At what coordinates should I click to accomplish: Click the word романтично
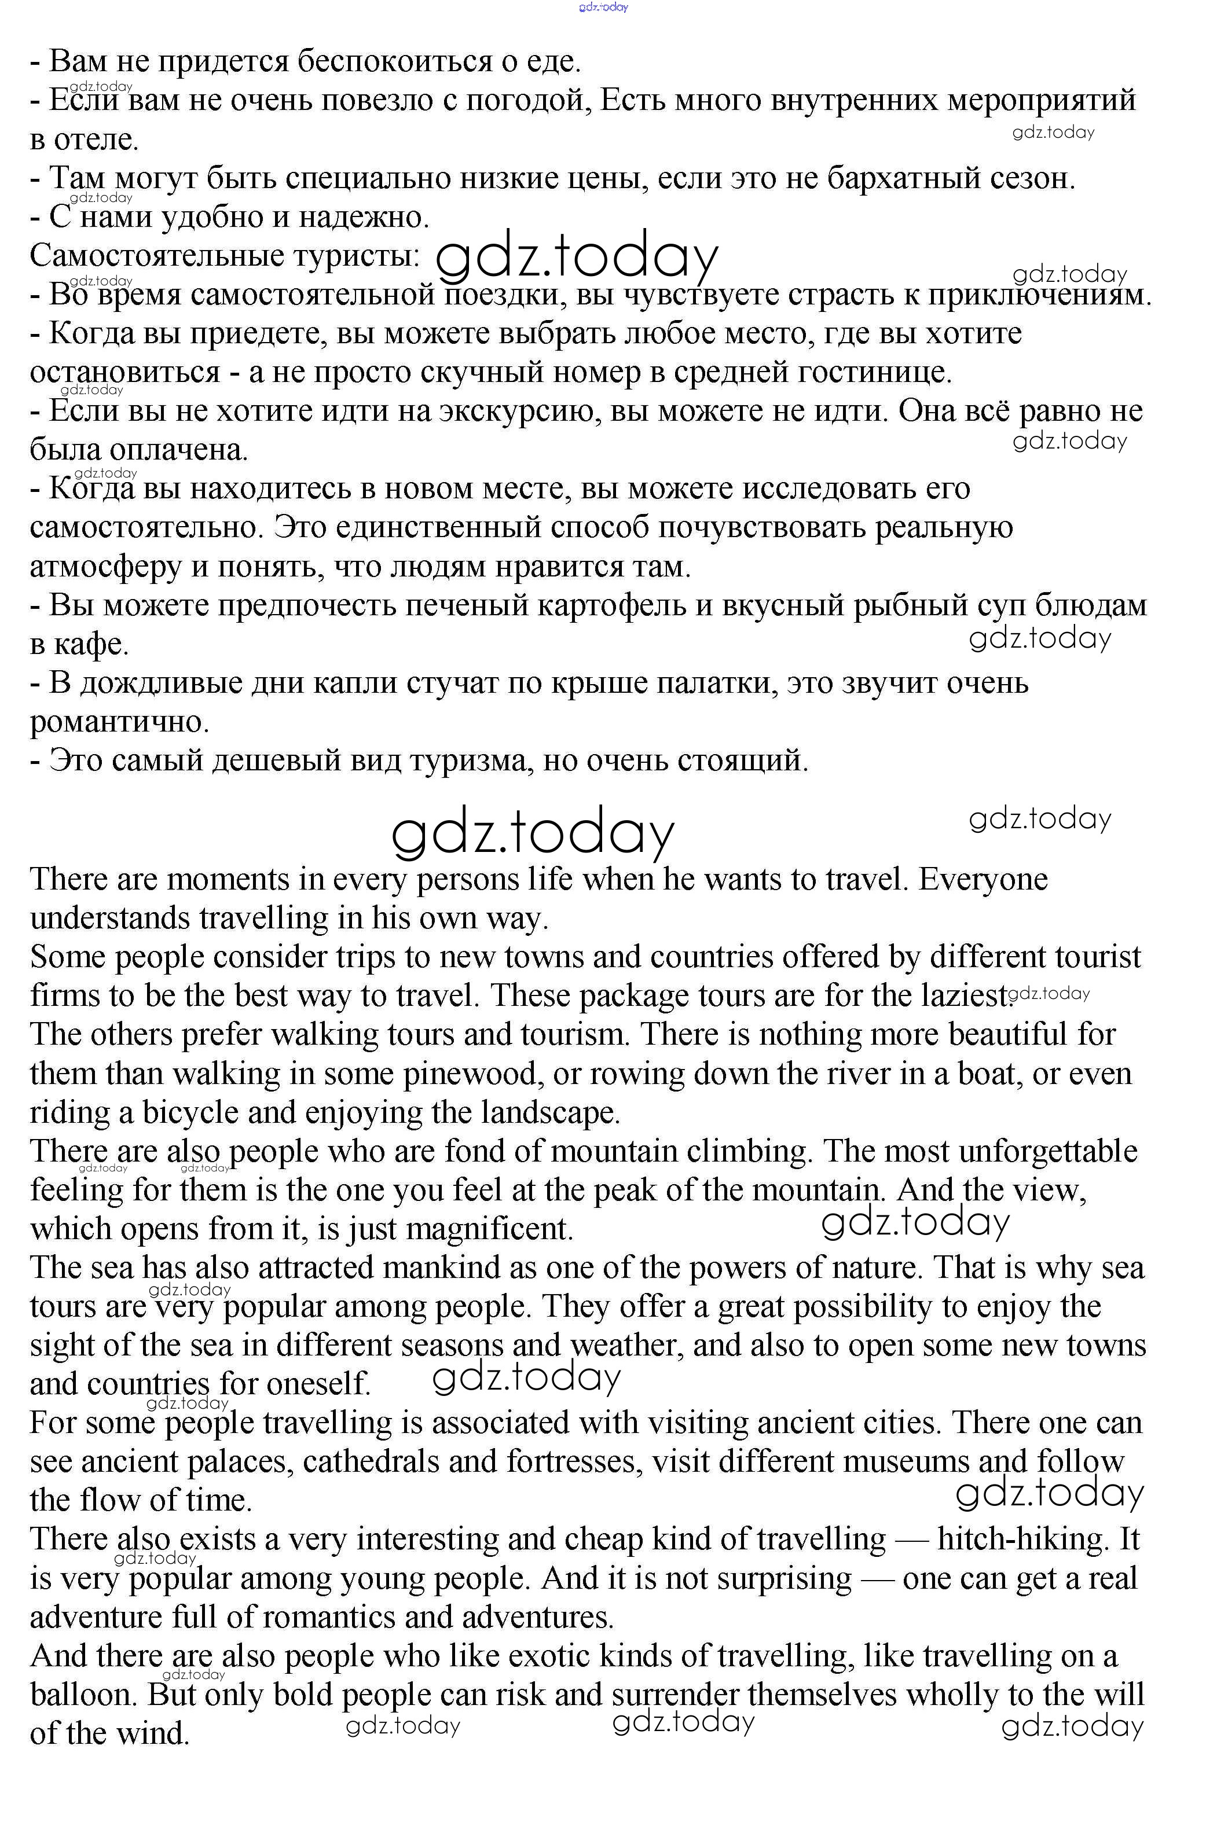(x=120, y=722)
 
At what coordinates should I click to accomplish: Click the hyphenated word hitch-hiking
(x=1021, y=1540)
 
